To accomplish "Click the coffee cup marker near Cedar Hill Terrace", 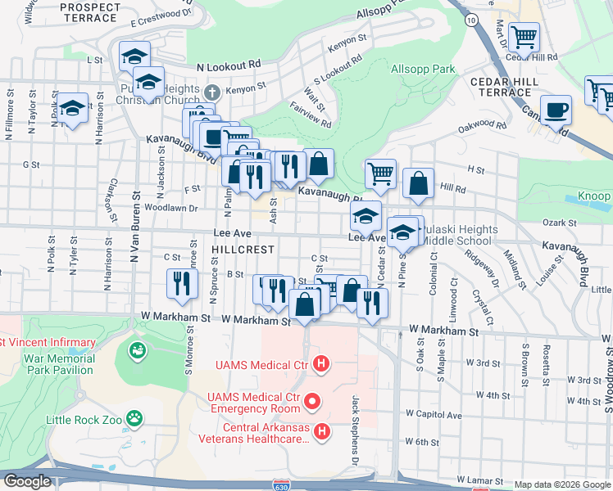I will tap(556, 109).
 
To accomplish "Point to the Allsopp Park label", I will tap(423, 70).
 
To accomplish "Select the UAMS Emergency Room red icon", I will tap(312, 401).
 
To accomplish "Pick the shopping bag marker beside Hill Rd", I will tap(418, 183).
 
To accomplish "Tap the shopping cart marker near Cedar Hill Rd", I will tap(524, 37).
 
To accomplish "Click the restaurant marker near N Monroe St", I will tap(181, 282).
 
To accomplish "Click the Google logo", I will tap(27, 481).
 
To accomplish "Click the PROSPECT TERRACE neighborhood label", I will tap(90, 11).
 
